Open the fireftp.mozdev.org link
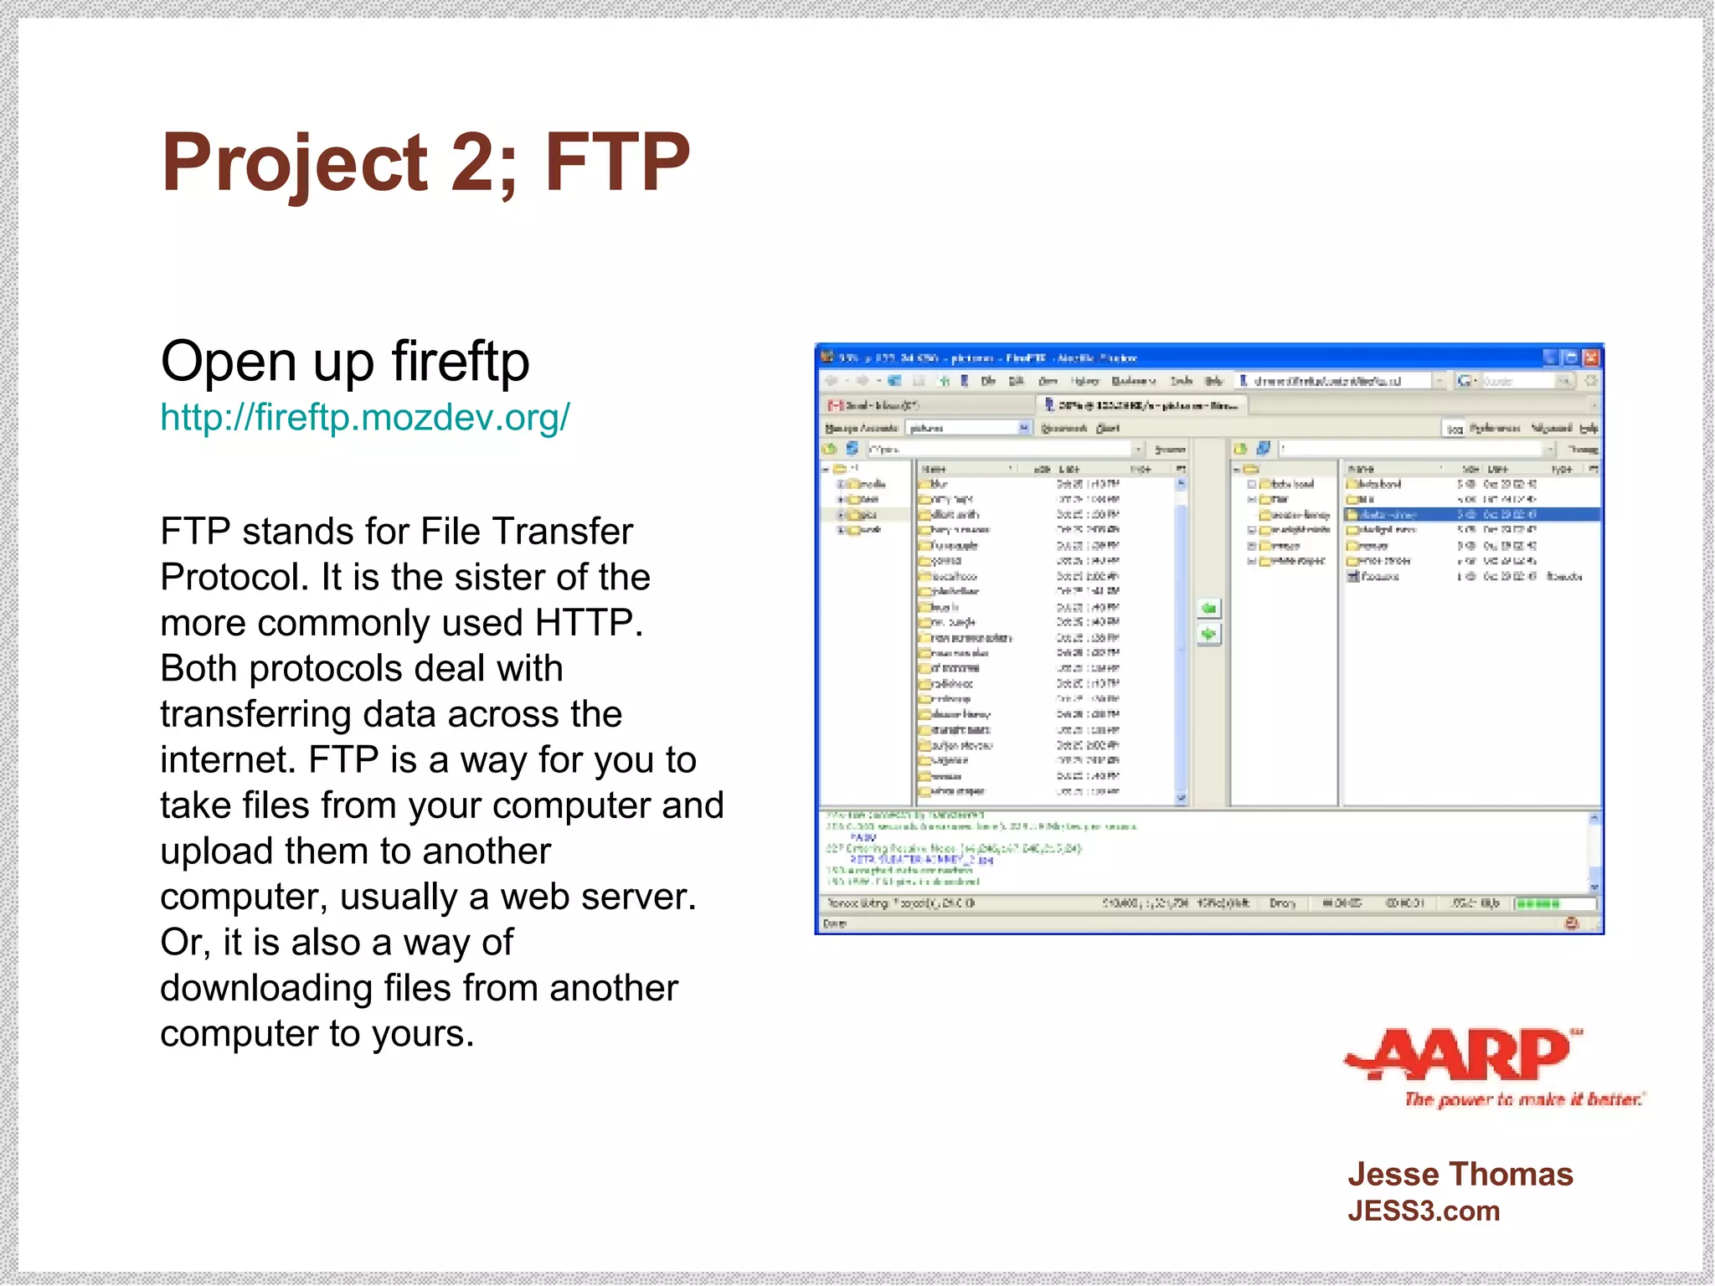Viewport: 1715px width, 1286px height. (x=365, y=417)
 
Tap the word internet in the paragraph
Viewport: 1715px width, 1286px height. (x=228, y=760)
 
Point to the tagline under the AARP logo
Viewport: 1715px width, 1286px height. (x=1524, y=1099)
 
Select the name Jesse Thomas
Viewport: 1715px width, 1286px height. (x=1460, y=1175)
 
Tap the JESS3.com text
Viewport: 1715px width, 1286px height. (x=1424, y=1211)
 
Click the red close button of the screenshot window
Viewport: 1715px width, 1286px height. (x=1591, y=358)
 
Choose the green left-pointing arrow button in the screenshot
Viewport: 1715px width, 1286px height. (x=1208, y=608)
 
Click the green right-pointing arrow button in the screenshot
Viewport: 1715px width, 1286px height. (x=1208, y=635)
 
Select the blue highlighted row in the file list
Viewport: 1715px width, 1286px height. (x=1471, y=514)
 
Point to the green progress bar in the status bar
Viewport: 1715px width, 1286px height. (x=1538, y=903)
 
